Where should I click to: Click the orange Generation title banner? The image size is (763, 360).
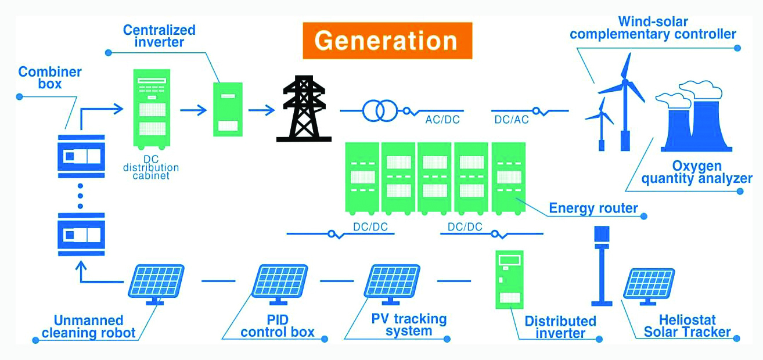tap(387, 41)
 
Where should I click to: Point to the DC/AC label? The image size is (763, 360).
tap(511, 120)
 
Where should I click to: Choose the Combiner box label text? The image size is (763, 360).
tap(50, 78)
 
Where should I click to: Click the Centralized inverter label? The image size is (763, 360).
tap(159, 36)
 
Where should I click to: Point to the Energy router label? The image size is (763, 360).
tap(593, 208)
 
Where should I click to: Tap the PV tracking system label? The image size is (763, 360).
tap(409, 325)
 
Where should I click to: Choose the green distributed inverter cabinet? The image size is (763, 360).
tap(509, 280)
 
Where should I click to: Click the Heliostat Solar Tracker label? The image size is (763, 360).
tap(687, 326)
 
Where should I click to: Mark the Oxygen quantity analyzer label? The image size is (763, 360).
tap(696, 172)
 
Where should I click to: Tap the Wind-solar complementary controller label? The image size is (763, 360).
tap(653, 28)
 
